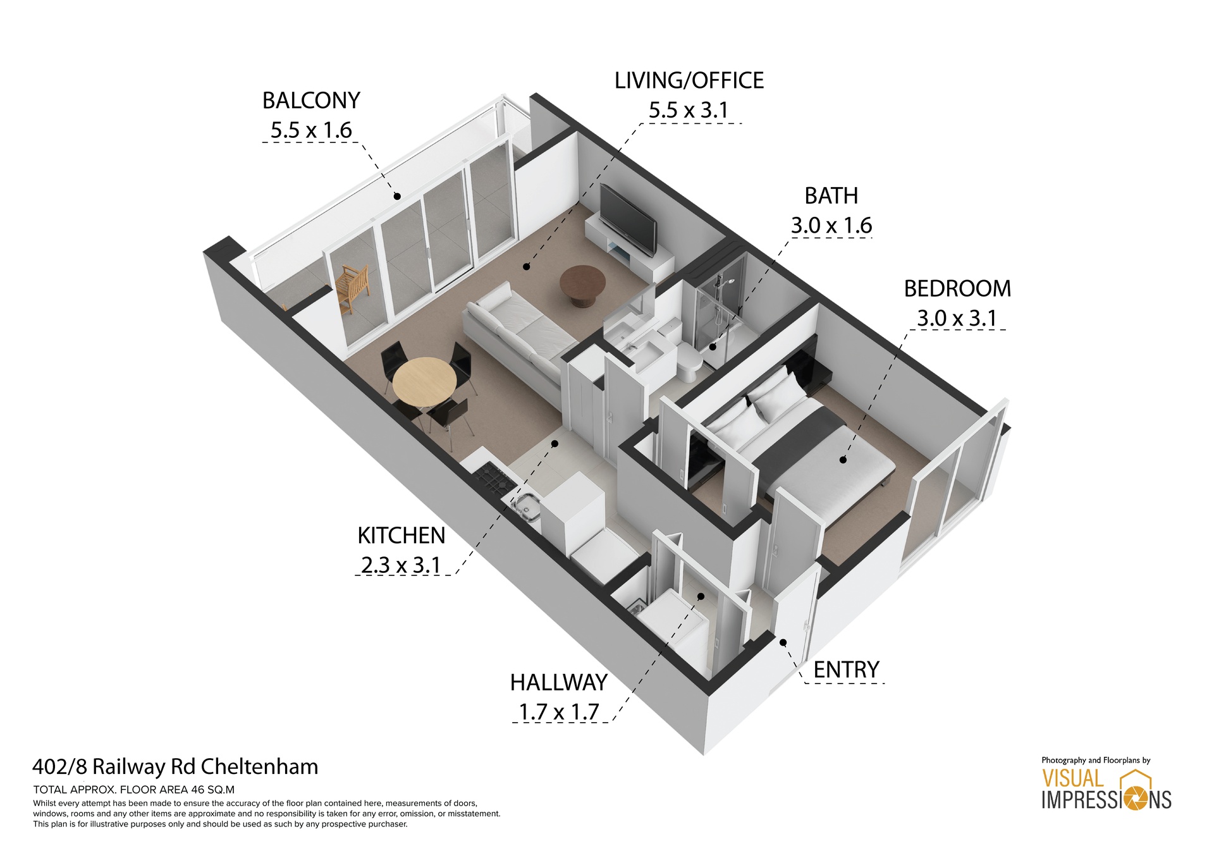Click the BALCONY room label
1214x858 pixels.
click(x=311, y=101)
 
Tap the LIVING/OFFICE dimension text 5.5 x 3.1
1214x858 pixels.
click(x=689, y=110)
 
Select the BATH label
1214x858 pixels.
click(x=831, y=196)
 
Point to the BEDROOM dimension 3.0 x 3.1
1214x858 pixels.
click(x=957, y=318)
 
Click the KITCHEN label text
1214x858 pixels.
click(x=402, y=536)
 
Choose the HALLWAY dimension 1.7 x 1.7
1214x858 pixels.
click(x=559, y=712)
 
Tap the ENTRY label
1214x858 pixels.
click(x=846, y=670)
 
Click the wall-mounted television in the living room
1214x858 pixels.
click(x=629, y=218)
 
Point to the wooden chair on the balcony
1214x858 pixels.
click(x=353, y=288)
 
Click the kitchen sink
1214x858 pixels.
click(x=525, y=504)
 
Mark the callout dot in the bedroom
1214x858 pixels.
click(x=843, y=460)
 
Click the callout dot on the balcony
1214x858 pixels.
click(x=397, y=196)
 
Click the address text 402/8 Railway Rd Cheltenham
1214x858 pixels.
click(x=175, y=767)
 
